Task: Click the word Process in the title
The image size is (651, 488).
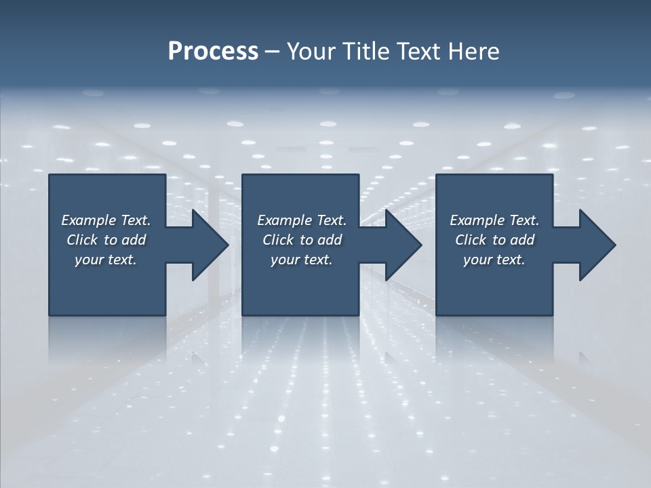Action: (213, 52)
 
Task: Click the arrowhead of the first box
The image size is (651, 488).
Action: (209, 245)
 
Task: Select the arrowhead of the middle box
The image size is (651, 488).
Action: (402, 245)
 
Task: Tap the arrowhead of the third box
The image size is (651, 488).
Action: (596, 245)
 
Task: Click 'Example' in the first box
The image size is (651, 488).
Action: (89, 220)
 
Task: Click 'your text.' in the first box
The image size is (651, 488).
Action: (106, 260)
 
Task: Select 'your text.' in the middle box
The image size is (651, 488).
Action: (302, 260)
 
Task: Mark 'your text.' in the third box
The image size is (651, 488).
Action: (494, 260)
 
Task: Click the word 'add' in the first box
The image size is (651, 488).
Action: (134, 240)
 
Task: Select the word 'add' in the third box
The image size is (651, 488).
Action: (522, 240)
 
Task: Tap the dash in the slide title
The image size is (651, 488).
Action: (273, 52)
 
